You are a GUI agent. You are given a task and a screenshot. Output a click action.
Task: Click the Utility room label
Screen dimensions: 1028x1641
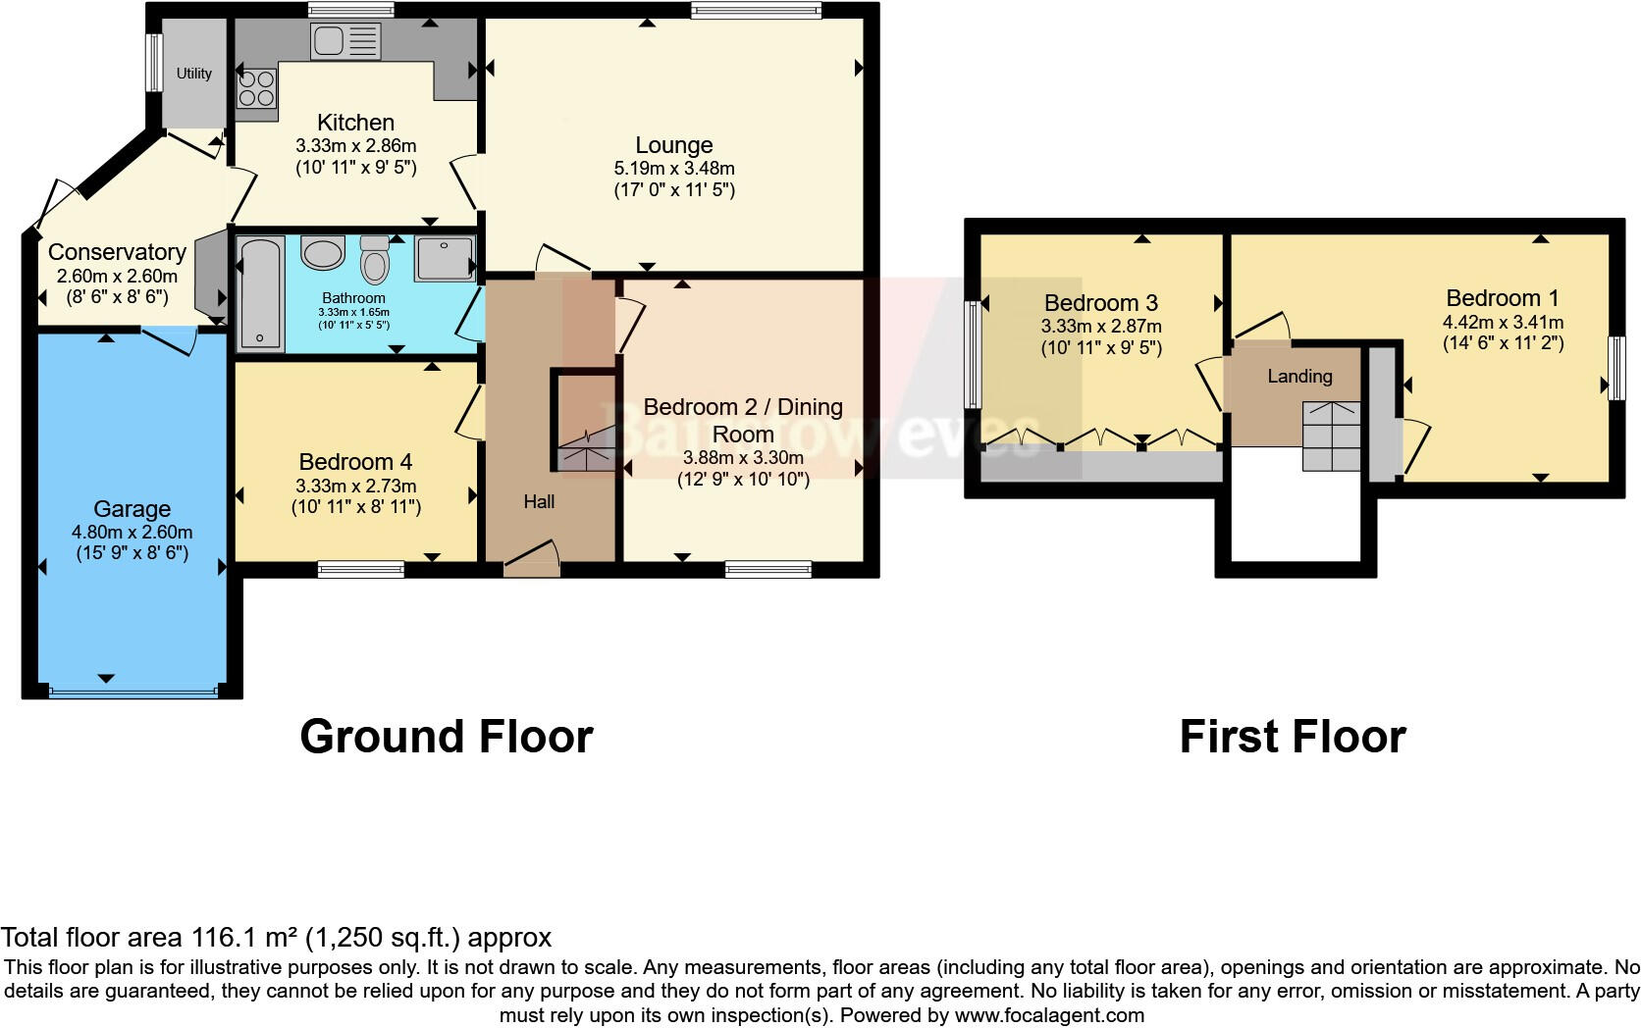tap(193, 74)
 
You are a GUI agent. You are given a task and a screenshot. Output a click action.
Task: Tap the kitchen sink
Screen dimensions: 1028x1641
tap(344, 41)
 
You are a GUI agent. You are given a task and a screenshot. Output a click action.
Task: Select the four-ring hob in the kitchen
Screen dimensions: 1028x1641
tap(256, 88)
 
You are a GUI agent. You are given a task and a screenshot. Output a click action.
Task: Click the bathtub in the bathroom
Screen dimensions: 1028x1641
tap(260, 292)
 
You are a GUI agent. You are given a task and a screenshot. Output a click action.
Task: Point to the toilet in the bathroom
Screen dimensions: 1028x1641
tap(374, 260)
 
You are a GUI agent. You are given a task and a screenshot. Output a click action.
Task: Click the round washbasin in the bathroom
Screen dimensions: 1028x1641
tap(322, 253)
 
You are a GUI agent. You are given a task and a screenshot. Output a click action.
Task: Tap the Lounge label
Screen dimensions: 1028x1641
tap(673, 145)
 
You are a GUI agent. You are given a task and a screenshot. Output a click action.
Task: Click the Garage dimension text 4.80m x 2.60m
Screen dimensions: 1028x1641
tap(132, 532)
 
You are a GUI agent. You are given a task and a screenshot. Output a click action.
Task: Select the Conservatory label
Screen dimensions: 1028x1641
tap(117, 252)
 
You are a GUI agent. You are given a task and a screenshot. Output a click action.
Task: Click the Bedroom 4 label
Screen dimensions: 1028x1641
tap(355, 461)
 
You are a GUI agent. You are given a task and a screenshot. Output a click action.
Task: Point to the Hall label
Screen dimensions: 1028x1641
tap(539, 502)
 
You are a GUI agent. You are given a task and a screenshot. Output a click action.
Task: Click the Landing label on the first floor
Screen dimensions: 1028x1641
tap(1299, 376)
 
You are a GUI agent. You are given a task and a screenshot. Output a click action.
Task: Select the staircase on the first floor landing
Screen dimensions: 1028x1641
tap(1332, 436)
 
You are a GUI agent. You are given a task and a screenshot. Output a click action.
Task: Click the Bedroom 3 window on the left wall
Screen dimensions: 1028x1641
tap(973, 354)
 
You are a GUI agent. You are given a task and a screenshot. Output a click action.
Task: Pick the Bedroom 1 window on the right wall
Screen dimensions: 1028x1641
tap(1615, 368)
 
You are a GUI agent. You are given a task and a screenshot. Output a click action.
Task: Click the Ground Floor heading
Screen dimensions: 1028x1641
tap(446, 736)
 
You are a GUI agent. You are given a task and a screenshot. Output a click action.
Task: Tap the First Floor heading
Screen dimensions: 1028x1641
tap(1292, 736)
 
